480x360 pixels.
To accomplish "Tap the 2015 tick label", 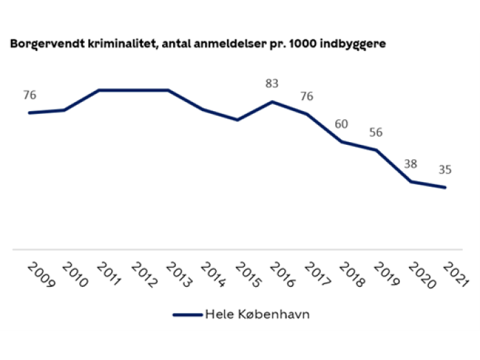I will coord(246,275).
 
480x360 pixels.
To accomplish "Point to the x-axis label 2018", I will coord(350,275).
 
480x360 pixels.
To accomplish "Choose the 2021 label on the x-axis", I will coord(454,275).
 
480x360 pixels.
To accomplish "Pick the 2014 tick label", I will coord(212,275).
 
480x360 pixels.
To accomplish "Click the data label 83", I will coord(272,84).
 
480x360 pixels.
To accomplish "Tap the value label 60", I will coord(341,124).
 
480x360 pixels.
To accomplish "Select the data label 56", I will coord(375,132).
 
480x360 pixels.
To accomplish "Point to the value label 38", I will coord(411,164).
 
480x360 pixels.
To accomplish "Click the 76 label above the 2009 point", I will coord(30,95).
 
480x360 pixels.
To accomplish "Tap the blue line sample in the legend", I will coord(186,314).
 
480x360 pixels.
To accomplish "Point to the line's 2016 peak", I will coord(273,102).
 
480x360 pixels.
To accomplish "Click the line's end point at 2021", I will coord(446,188).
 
